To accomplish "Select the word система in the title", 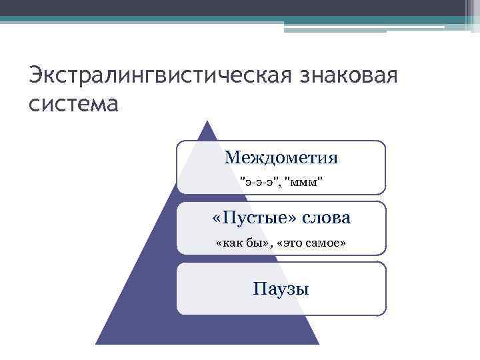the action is [x=73, y=104].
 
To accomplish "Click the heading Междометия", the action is [x=281, y=157].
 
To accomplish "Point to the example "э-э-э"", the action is [x=257, y=181].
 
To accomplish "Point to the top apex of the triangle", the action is [x=207, y=122].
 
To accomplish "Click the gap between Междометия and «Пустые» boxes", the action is [x=281, y=197].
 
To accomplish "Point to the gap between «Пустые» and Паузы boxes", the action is [x=281, y=258].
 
